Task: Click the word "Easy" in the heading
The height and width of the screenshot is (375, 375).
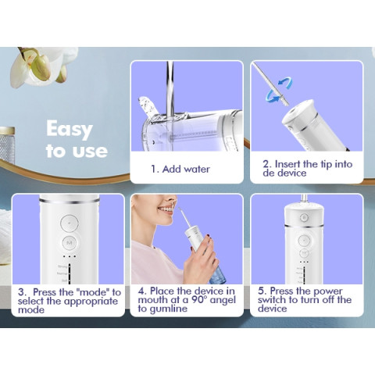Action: [x=69, y=129]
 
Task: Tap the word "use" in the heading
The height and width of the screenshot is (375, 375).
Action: [x=87, y=150]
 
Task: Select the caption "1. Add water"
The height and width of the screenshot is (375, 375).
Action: [x=180, y=169]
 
